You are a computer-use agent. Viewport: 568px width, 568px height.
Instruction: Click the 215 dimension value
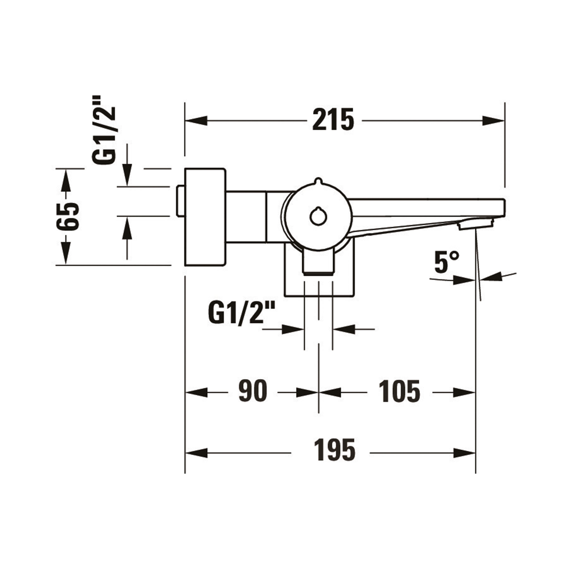point(333,120)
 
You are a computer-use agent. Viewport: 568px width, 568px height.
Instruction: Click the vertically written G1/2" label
point(104,130)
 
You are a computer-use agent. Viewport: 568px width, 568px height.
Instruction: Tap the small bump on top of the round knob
point(318,181)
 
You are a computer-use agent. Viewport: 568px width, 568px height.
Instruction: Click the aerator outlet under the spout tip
point(475,226)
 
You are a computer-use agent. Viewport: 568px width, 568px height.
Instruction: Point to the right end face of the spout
point(504,208)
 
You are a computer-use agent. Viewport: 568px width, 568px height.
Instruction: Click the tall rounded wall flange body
point(205,217)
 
